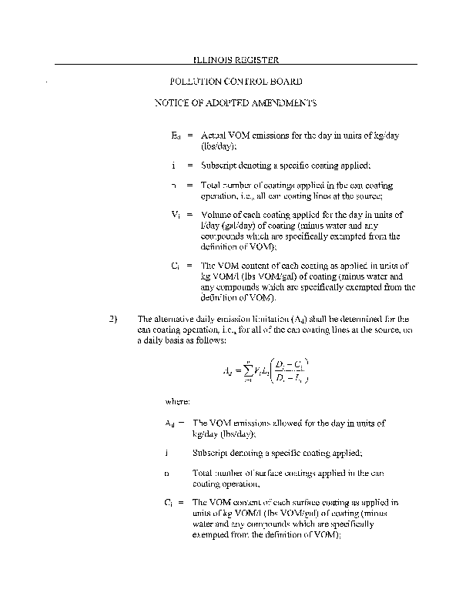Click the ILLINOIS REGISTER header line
click(x=234, y=59)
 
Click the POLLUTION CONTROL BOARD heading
click(x=234, y=81)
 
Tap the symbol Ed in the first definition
click(x=176, y=135)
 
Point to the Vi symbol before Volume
click(x=176, y=216)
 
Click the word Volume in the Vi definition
click(x=218, y=216)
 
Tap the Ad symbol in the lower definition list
click(x=170, y=423)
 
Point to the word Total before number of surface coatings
click(x=203, y=474)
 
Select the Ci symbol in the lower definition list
click(x=170, y=503)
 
